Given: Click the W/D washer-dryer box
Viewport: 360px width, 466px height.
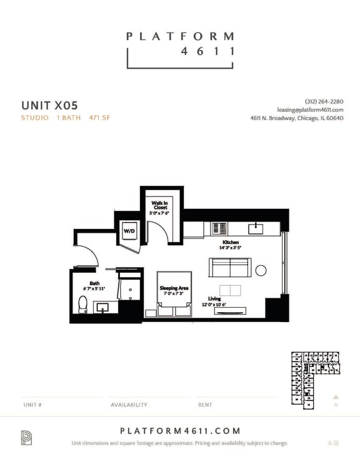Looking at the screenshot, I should pos(129,231).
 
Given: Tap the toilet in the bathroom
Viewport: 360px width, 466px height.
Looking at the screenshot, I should pos(82,304).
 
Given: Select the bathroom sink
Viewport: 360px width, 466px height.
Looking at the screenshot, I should pos(102,307).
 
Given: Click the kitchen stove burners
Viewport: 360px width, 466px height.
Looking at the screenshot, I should pos(219,228).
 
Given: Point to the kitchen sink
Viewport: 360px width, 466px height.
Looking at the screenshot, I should pos(254,228).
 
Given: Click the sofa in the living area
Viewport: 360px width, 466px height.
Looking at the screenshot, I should pos(229,268).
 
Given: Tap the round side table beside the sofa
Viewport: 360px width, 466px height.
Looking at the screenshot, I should pos(261,270).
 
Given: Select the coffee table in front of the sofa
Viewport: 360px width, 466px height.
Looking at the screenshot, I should pos(229,290).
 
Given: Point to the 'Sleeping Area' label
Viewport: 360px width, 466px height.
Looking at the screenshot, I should pos(174,289).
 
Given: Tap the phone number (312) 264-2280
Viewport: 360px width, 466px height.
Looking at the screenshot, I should pos(324,101).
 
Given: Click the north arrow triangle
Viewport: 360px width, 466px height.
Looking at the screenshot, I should pos(336,397).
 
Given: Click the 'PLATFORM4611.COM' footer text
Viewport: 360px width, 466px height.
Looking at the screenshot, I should pos(179,431).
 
